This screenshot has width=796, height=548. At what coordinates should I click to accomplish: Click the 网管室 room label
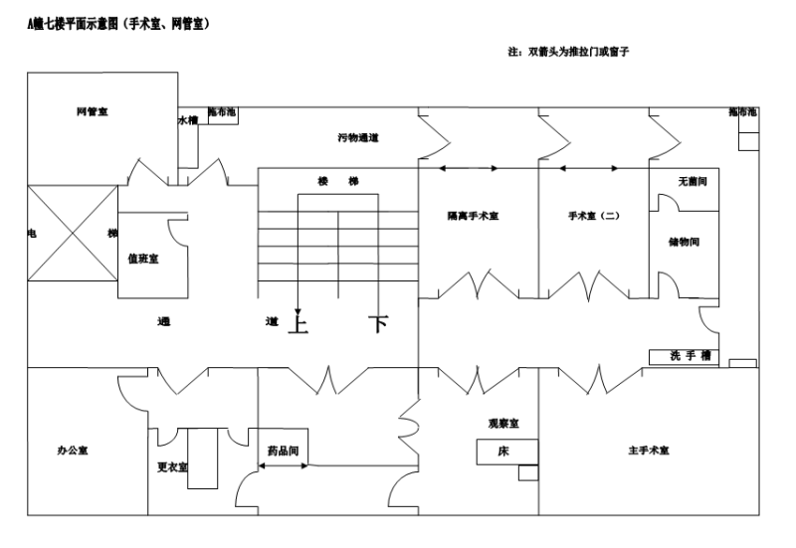pos(93,111)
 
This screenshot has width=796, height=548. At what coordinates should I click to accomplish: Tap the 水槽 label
pos(188,120)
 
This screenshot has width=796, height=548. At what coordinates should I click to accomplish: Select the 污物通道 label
pos(358,137)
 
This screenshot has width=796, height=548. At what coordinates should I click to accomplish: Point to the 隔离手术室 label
pos(474,216)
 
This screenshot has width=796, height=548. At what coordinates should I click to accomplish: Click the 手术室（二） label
pos(594,216)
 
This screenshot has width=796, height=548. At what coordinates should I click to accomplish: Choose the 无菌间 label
pos(693,181)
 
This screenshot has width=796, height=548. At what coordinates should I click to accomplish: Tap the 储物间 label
pos(684,242)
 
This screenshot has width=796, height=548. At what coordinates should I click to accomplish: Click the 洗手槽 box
pos(684,357)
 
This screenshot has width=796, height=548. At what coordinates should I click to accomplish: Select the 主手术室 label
pos(649,451)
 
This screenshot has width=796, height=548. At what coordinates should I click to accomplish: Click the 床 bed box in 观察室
pos(507,452)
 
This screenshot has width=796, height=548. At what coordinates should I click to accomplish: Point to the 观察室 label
pos(503,423)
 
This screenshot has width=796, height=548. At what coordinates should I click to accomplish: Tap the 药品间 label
pos(283,451)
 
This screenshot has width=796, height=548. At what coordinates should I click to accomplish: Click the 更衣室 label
pos(172,467)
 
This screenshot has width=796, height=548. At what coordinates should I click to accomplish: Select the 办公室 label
pos(73,451)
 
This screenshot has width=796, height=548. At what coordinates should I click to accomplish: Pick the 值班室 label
pos(143,259)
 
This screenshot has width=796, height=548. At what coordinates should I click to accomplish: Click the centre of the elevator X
pos(73,234)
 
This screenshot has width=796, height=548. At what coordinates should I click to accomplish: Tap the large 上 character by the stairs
pos(298,323)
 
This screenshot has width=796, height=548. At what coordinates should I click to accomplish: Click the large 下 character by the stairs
pos(379,323)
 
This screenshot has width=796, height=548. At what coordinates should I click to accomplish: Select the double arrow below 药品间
pos(284,465)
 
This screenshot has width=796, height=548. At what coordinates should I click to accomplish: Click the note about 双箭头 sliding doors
pos(568,52)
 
